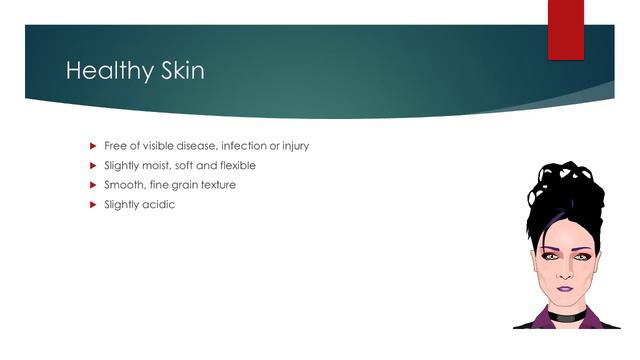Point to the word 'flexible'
(236, 165)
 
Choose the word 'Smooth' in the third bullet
(123, 185)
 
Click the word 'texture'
(217, 185)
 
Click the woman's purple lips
(565, 287)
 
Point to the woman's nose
(565, 271)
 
